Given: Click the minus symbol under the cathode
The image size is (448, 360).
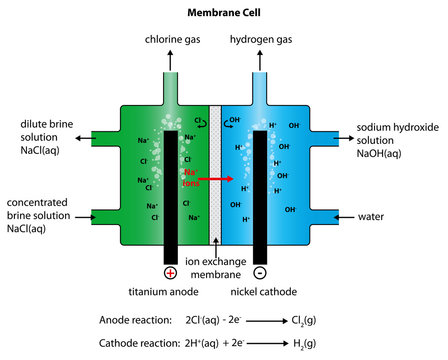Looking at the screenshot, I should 261,273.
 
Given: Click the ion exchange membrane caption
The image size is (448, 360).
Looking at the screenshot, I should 217,267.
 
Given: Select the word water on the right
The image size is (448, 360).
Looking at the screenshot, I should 375,216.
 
